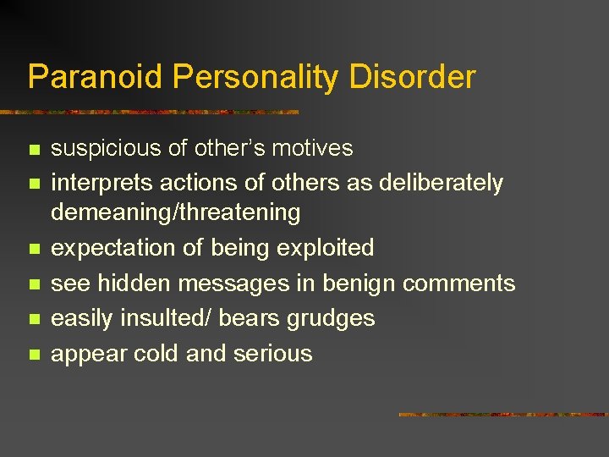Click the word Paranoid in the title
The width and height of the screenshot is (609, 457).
pos(95,77)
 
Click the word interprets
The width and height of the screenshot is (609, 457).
pos(91,184)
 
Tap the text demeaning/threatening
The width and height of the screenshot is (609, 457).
pos(175,212)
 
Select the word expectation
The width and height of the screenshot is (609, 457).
pos(106,248)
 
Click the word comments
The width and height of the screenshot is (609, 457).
pos(458,284)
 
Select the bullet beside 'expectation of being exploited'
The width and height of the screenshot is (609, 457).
pos(34,250)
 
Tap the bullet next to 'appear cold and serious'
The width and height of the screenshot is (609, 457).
pos(34,355)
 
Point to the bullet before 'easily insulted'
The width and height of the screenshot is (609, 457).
pos(34,320)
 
